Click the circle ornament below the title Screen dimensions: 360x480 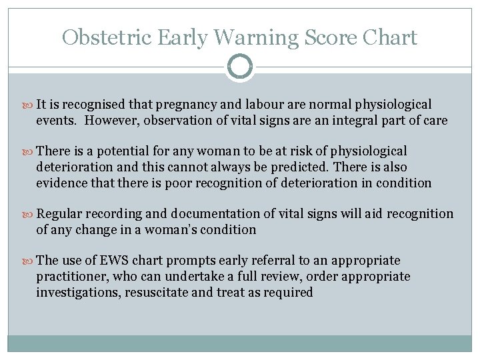pos(240,67)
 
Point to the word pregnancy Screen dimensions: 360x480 pos(199,105)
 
